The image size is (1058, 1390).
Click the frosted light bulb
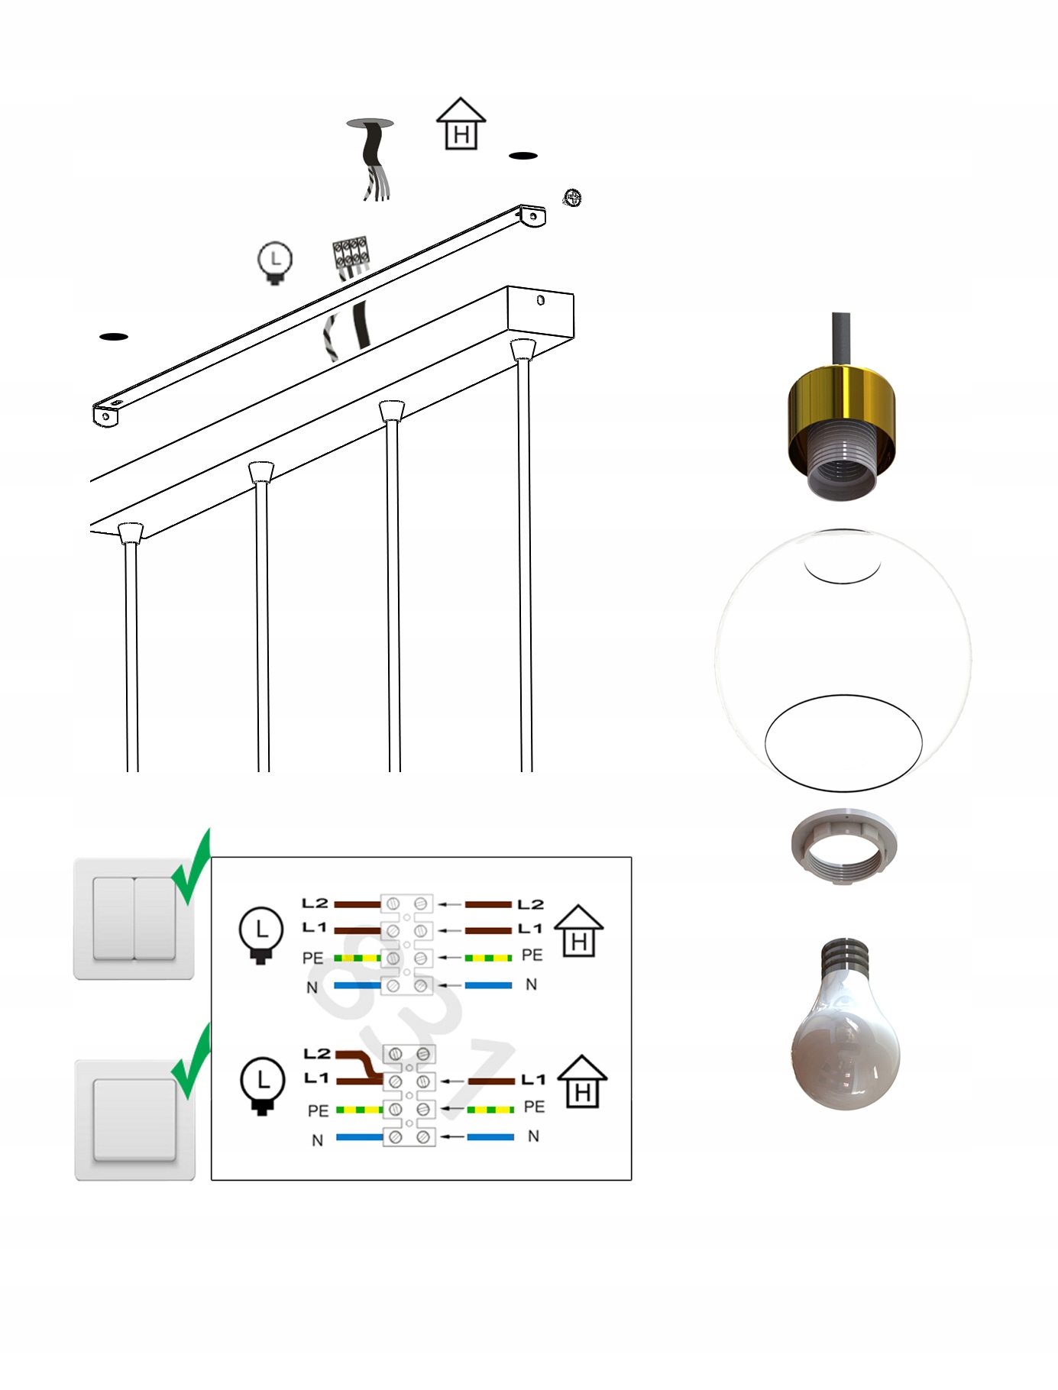click(845, 1023)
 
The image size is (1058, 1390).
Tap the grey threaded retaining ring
click(844, 847)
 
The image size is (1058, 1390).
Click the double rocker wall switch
click(134, 919)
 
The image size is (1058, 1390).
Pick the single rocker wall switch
click(135, 1120)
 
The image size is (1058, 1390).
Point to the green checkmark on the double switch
click(191, 867)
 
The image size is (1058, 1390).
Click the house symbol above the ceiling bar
click(461, 123)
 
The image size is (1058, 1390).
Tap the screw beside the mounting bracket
click(572, 198)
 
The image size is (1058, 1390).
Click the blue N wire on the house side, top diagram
click(489, 985)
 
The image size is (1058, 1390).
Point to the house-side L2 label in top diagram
click(530, 904)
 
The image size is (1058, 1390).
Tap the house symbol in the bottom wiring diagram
click(582, 1081)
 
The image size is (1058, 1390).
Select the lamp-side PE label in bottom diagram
click(319, 1110)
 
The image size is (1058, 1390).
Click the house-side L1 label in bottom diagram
click(533, 1079)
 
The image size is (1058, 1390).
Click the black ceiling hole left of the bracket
click(114, 336)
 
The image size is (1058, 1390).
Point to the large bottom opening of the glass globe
click(843, 742)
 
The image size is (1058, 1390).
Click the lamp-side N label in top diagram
click(312, 988)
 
